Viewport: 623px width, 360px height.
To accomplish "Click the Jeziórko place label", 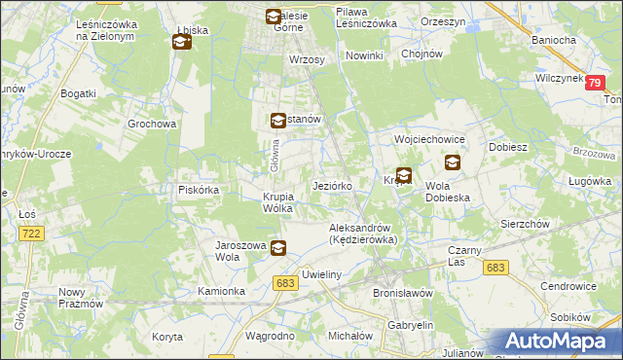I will click(338, 185).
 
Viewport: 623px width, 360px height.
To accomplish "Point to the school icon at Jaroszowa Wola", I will click(278, 248).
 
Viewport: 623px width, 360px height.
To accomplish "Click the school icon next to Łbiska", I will click(181, 42).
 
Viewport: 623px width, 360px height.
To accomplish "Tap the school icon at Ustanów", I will click(277, 120).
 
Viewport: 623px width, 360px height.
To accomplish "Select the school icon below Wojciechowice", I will click(453, 162).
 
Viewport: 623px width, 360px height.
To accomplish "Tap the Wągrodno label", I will click(270, 335).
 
